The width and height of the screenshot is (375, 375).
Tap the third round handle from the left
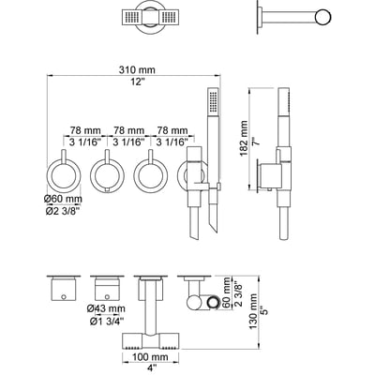click(151, 174)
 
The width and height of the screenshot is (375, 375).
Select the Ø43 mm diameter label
click(107, 308)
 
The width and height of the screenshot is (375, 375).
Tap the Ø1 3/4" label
click(107, 323)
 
